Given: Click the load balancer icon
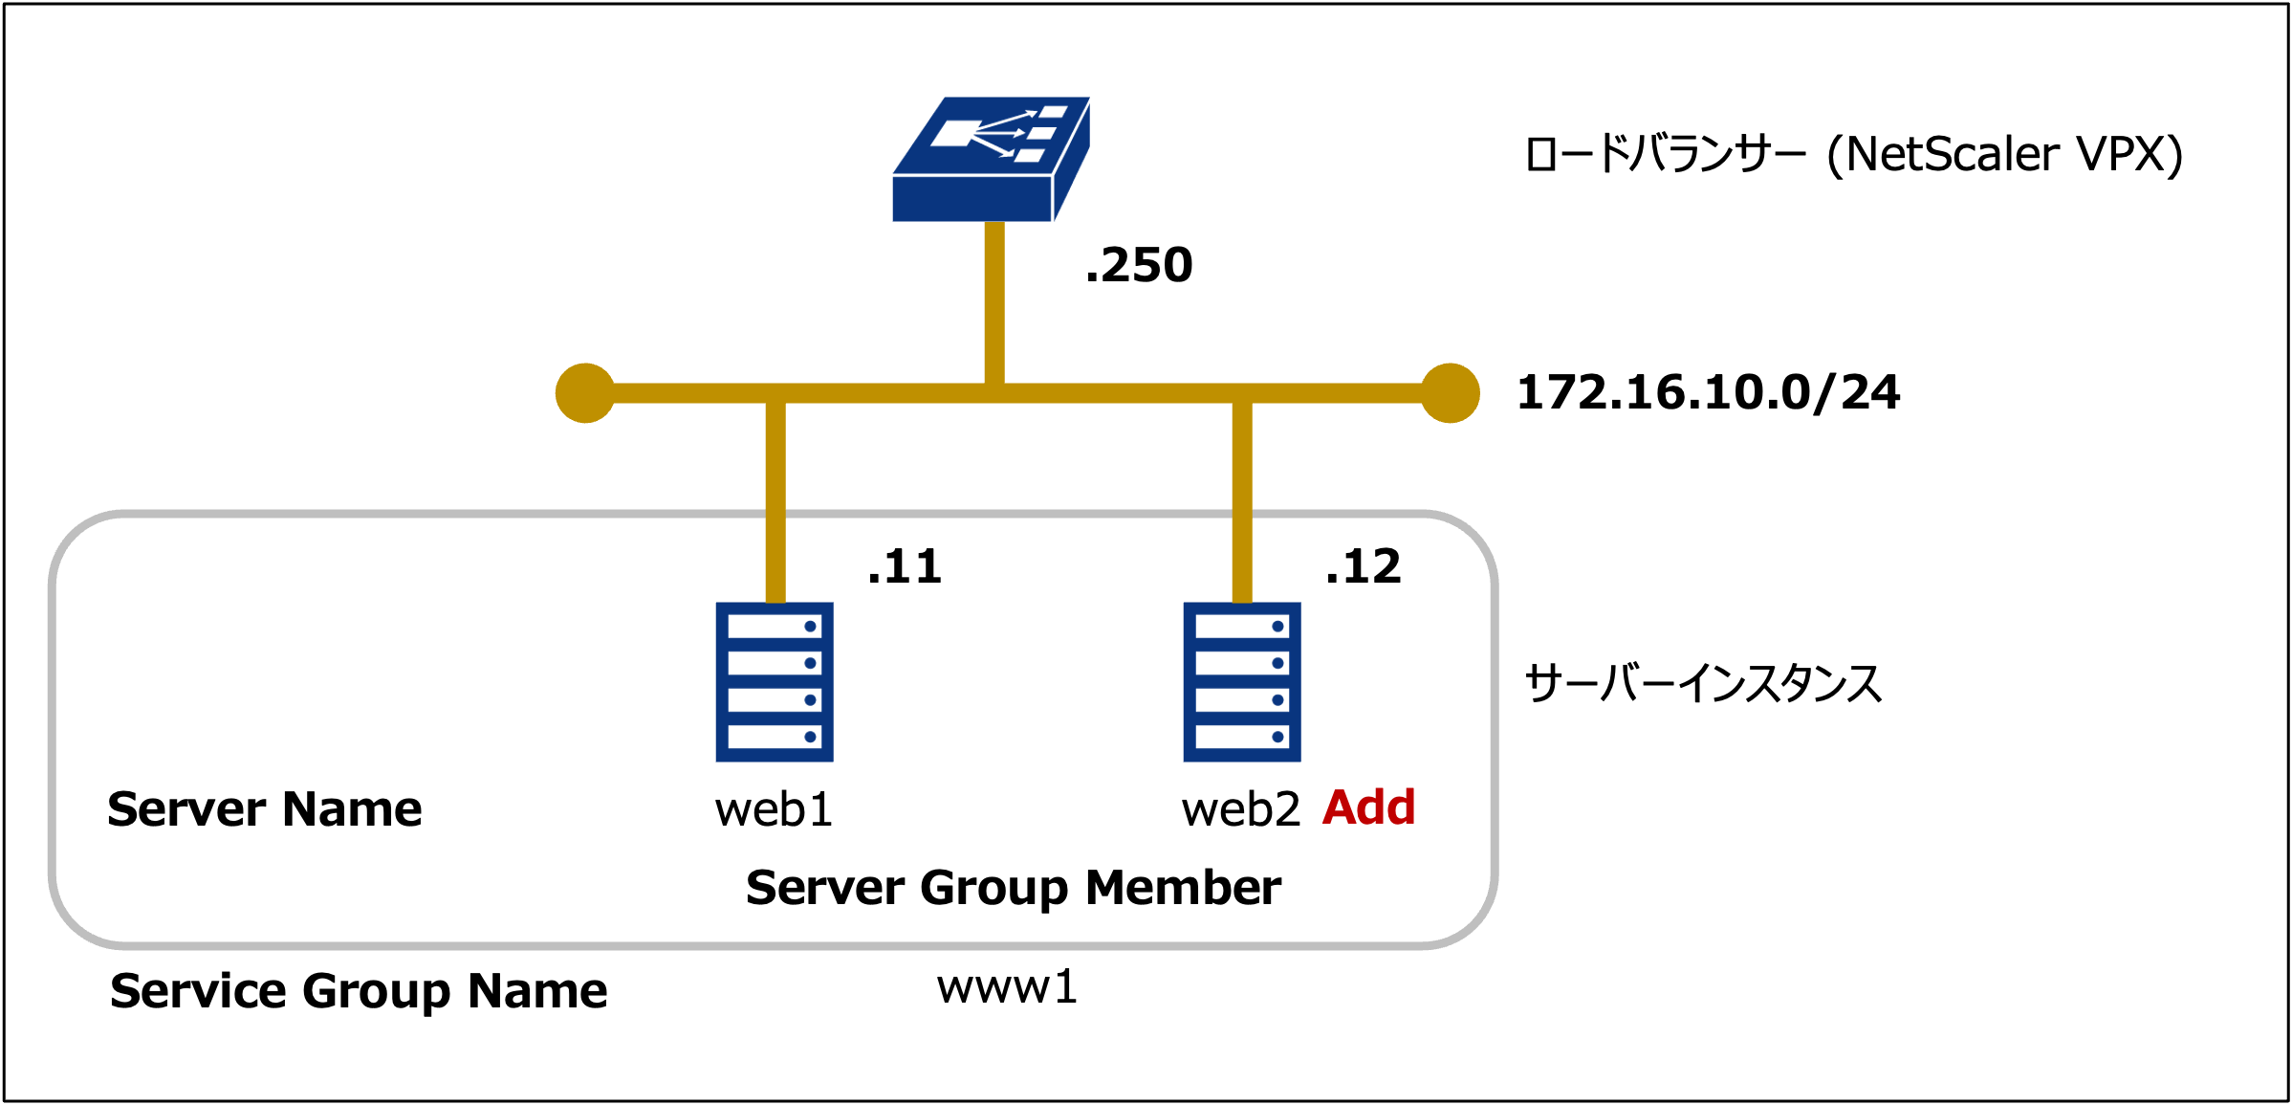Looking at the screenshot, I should (x=991, y=159).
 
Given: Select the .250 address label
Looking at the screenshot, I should (x=1139, y=265).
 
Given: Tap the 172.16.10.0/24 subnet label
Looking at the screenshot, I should (x=1708, y=392).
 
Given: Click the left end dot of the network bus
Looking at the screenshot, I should (x=585, y=393).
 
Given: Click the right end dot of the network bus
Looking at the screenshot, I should (x=1450, y=393).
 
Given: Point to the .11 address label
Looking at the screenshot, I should (x=904, y=566).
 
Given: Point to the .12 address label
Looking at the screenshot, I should (x=1363, y=566).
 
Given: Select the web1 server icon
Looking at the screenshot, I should (x=775, y=681).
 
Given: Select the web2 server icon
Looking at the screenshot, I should (x=1242, y=681).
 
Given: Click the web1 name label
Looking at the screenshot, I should (x=774, y=809).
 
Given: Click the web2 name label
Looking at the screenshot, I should (x=1240, y=809).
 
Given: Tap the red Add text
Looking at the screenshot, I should (x=1368, y=807).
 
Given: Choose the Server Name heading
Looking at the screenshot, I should (x=264, y=809).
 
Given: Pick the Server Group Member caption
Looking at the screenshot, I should (x=1013, y=888).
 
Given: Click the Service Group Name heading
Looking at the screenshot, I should (x=359, y=990).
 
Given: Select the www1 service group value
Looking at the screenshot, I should (x=1007, y=986).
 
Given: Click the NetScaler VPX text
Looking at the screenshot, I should (x=2004, y=154).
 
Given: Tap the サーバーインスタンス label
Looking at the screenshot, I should (x=1703, y=683).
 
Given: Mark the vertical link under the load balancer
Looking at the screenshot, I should (x=994, y=301).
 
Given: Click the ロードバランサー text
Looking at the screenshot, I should (x=1665, y=154).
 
